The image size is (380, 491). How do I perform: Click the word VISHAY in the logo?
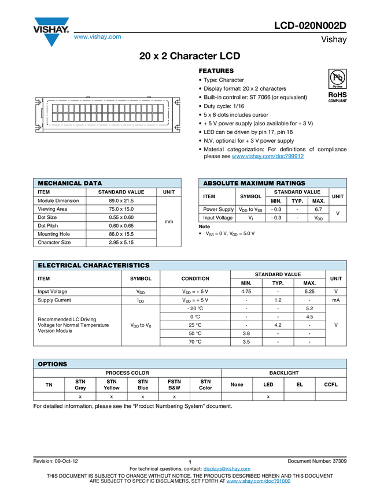tap(51, 28)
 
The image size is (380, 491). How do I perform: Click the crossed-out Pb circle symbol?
tap(338, 77)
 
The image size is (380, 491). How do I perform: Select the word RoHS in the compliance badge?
tap(338, 94)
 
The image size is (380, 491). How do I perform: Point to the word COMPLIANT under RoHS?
tap(338, 101)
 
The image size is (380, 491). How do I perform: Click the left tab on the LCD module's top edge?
tap(87, 95)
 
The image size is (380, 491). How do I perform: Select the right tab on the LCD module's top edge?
tap(149, 95)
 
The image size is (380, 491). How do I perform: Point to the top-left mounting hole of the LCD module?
tap(38, 102)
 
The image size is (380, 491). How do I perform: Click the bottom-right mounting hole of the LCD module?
tap(178, 127)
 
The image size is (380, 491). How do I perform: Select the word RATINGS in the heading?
tap(291, 183)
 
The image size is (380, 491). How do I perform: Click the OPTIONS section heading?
tap(53, 364)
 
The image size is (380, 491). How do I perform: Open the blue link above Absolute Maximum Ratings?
tap(268, 157)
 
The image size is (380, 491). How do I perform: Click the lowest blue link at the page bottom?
tap(258, 481)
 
